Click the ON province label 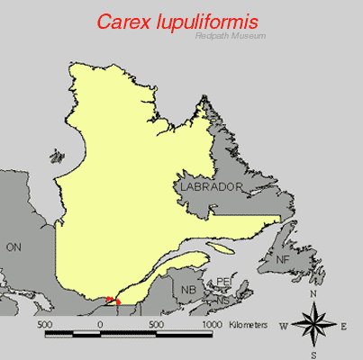coord(13,247)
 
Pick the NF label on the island coord(283,259)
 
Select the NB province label coord(188,291)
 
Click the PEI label coord(223,283)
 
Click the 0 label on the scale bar coord(101,322)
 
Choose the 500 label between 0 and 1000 coord(156,322)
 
